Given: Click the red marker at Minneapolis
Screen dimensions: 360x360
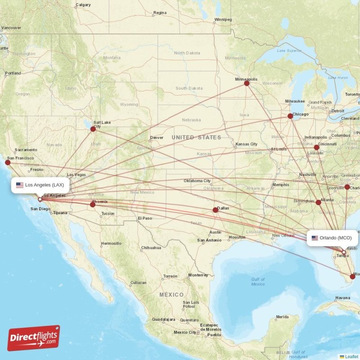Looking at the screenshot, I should tap(247, 83).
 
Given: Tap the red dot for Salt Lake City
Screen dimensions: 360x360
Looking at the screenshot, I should tap(93, 129).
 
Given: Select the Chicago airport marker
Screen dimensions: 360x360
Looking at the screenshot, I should tap(290, 116).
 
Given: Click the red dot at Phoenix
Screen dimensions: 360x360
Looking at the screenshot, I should tap(93, 205).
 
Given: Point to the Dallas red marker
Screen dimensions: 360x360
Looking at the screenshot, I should tap(215, 210).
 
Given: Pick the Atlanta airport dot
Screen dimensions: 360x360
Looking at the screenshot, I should tap(319, 202).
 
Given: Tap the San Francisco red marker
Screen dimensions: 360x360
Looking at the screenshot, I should tap(8, 162).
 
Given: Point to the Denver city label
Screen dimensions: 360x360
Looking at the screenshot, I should tap(157, 138).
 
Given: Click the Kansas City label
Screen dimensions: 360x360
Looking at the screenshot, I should tap(246, 144).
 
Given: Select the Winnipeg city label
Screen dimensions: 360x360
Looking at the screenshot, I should tap(223, 20).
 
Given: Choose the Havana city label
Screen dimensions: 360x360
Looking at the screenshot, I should tap(342, 298).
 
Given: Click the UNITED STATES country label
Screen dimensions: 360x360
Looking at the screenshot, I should tap(196, 137).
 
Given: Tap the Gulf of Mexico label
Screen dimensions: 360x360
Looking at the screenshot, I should tap(258, 282).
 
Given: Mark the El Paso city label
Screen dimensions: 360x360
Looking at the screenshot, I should tap(145, 218).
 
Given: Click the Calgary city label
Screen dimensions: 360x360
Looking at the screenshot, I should tap(83, 5).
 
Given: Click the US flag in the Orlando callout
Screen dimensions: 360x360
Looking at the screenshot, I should tap(315, 238).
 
